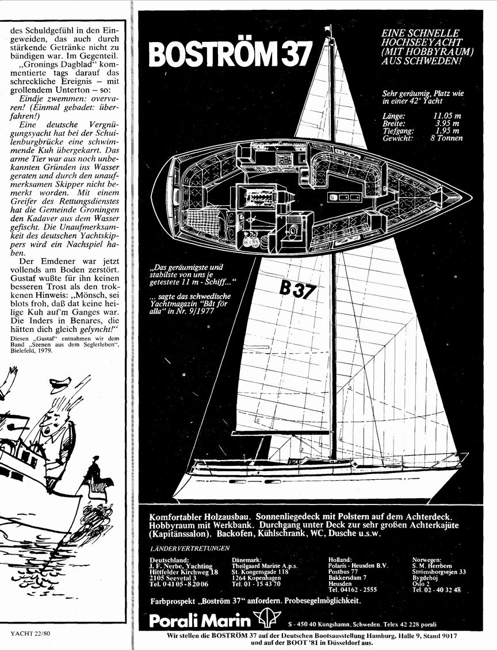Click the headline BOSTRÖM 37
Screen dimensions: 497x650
[230, 54]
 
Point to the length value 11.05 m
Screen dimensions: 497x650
[447, 116]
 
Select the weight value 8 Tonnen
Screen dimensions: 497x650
[446, 138]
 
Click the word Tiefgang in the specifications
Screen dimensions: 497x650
[398, 131]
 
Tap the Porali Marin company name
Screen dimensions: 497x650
[200, 621]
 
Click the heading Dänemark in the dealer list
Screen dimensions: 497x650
[247, 560]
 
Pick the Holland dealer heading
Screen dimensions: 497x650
[340, 560]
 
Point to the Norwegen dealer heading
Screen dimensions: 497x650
[427, 560]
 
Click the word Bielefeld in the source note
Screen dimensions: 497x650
[22, 350]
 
